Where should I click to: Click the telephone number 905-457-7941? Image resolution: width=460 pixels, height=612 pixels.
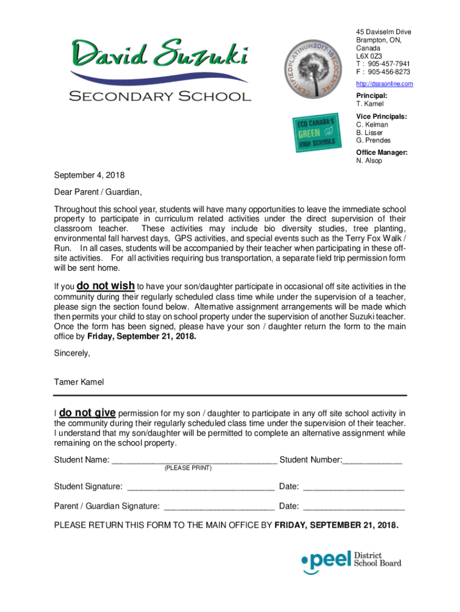389,64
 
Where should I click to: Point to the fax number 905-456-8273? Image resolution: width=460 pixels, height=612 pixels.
389,72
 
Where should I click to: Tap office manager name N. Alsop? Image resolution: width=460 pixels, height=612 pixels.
369,161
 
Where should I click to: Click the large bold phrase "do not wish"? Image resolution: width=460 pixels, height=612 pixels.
106,286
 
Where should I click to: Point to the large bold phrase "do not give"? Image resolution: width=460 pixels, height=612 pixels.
87,413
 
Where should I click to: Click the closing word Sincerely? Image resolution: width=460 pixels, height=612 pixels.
72,353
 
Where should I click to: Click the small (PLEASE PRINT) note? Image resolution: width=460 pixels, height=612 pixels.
188,468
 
